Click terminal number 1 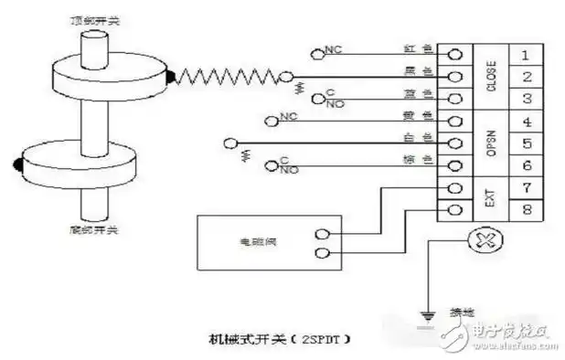coord(524,54)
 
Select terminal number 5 coord(524,143)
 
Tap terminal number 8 coord(524,210)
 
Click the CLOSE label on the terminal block coord(490,76)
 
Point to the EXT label coord(490,199)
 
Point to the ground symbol coord(425,319)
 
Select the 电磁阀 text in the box coord(250,242)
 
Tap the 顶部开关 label coord(92,19)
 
